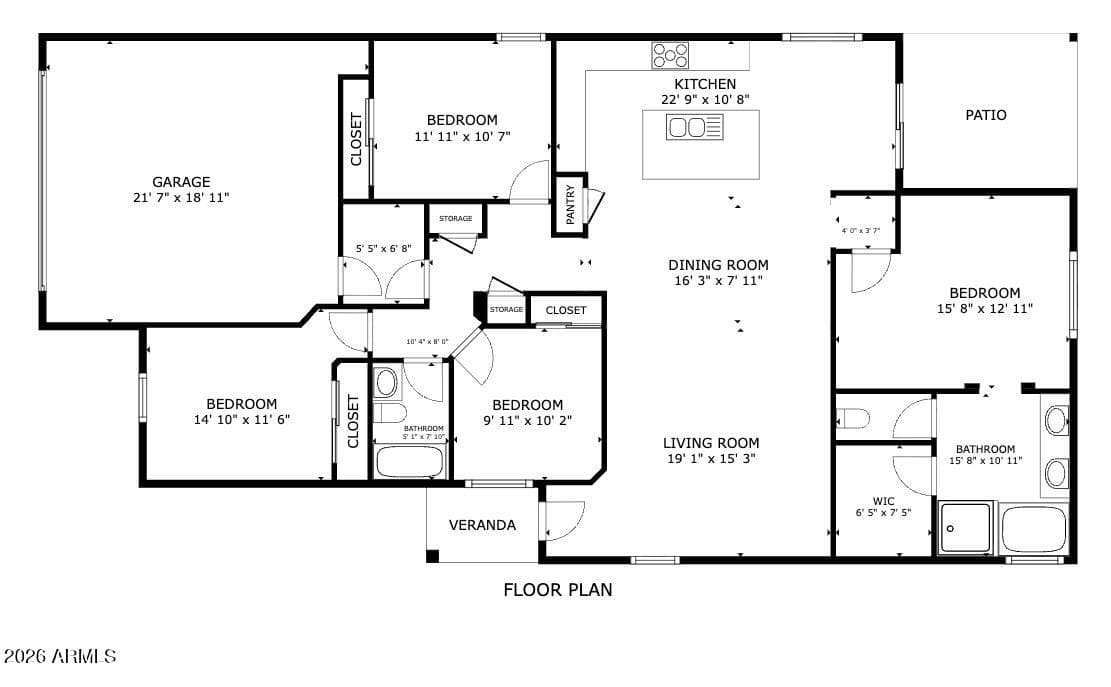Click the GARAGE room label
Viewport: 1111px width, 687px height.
[181, 182]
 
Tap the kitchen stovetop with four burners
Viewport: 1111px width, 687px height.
[670, 55]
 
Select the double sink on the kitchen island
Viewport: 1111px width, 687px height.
[694, 127]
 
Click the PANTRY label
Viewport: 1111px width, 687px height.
[570, 205]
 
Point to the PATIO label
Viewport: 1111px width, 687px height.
[986, 115]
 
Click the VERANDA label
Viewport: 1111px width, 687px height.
[482, 525]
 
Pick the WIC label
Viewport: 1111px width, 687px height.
[883, 501]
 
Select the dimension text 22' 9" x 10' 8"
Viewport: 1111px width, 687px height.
[705, 100]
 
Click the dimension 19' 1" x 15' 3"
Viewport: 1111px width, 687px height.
[711, 458]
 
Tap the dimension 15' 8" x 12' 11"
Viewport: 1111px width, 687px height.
[985, 308]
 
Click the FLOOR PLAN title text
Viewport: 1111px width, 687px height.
[558, 589]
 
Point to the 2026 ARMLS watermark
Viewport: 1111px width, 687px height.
[60, 656]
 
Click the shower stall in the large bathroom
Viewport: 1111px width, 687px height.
[965, 528]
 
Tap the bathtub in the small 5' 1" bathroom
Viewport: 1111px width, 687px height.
[409, 462]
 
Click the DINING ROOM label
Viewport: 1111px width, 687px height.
[718, 265]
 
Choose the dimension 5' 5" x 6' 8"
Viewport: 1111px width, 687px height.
[383, 249]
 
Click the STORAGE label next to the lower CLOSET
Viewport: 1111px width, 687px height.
[506, 310]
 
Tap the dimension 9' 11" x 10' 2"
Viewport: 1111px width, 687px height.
[528, 420]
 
